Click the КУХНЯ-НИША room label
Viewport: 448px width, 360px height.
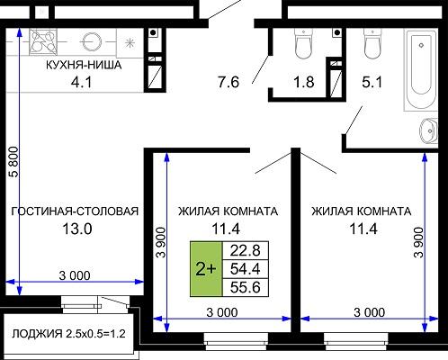point(84,65)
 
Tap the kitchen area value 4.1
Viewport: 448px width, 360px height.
point(81,82)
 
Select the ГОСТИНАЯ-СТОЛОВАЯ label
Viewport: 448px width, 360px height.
point(75,211)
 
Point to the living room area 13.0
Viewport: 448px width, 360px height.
point(77,229)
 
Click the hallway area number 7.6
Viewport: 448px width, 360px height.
point(228,82)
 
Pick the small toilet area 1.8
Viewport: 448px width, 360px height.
point(304,82)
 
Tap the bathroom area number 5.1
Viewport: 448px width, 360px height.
point(372,82)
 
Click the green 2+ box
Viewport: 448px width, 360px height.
point(206,269)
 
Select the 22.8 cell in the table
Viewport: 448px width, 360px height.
point(246,250)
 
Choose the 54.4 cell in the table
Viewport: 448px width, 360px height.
point(246,269)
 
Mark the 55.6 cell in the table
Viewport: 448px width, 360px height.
point(246,287)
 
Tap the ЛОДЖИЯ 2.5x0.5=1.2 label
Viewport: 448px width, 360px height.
point(68,334)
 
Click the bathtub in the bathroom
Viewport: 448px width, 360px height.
point(421,69)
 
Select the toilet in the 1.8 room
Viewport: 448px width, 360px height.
point(303,43)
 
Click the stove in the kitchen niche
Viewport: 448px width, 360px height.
point(43,41)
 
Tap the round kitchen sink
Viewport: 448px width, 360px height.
point(91,41)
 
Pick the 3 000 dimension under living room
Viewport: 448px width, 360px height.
point(75,275)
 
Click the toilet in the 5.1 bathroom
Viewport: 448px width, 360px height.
point(372,43)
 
